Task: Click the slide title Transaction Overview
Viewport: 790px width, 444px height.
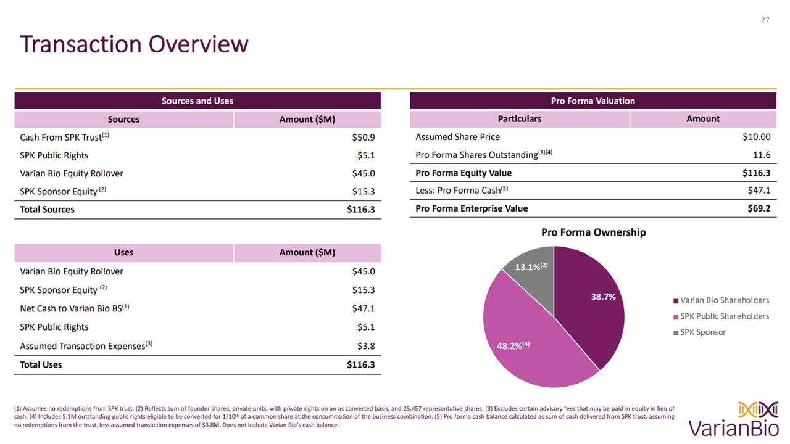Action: (x=134, y=44)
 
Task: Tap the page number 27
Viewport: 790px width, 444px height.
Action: (x=765, y=20)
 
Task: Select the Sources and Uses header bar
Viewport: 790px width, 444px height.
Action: (x=197, y=101)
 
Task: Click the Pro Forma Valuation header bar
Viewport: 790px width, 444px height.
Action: (x=592, y=101)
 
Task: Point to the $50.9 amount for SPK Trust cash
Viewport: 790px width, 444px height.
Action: (x=363, y=137)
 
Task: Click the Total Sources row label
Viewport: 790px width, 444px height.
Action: (x=47, y=210)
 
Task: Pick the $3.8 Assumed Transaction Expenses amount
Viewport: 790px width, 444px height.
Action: (x=365, y=346)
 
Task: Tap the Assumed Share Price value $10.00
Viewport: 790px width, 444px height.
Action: (x=756, y=137)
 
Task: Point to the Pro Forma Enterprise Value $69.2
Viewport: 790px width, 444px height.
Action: (x=759, y=208)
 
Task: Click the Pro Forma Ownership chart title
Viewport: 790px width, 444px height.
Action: (x=593, y=232)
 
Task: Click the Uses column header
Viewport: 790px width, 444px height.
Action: (x=123, y=252)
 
